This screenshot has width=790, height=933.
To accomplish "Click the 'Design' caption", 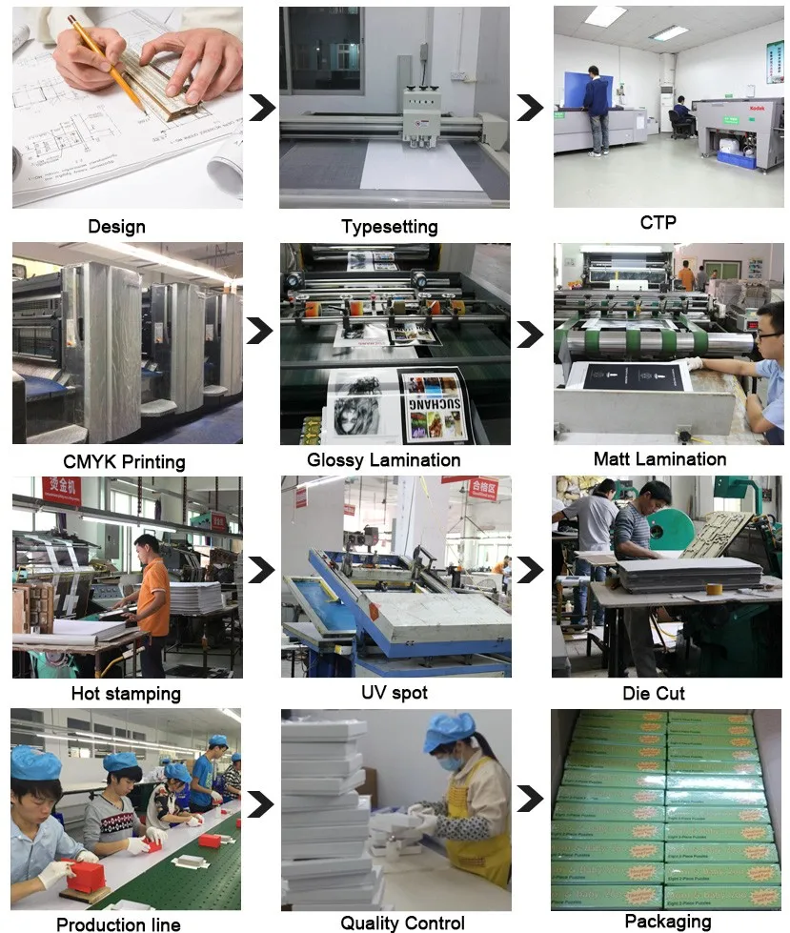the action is [x=116, y=227].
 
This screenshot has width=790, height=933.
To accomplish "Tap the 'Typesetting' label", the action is [x=390, y=227].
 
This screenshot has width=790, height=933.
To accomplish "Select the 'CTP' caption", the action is [x=658, y=222].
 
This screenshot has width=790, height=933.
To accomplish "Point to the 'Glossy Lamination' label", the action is [x=383, y=460].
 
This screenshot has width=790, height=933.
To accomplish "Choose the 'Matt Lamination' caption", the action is [x=659, y=459].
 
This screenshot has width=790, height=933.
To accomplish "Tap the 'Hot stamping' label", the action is [x=126, y=693].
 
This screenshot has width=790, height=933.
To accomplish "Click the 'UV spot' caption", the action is [x=395, y=693].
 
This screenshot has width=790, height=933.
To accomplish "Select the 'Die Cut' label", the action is [x=654, y=693].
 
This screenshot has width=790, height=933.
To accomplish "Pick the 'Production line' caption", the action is [x=118, y=923].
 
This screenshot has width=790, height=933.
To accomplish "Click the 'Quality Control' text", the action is [x=402, y=923].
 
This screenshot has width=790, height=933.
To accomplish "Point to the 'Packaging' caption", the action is [x=667, y=921].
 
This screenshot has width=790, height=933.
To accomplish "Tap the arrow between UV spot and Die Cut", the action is [x=530, y=570].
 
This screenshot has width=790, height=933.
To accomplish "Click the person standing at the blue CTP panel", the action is [x=597, y=110].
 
